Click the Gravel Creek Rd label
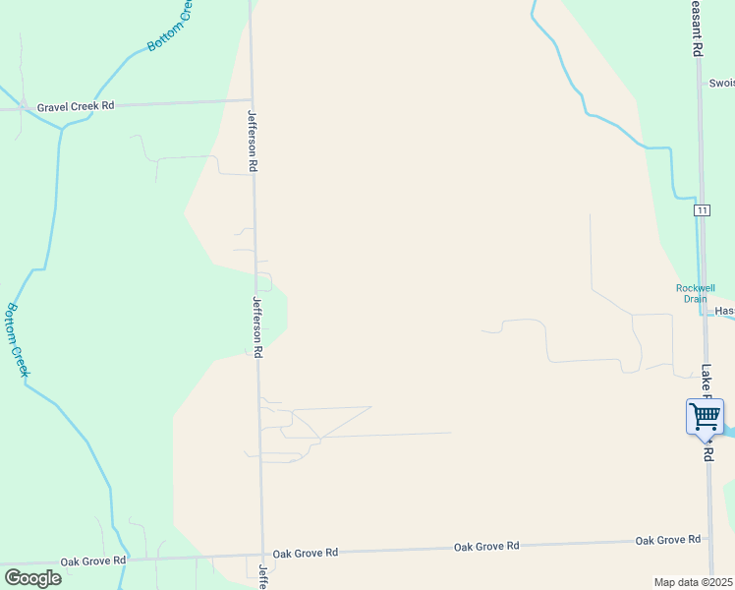click(x=76, y=106)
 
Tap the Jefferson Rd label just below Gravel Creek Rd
click(x=253, y=141)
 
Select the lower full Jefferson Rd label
click(x=258, y=326)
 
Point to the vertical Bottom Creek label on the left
click(x=17, y=338)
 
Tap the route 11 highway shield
click(x=701, y=210)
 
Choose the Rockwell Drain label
click(x=695, y=293)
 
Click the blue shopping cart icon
click(x=705, y=417)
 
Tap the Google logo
click(x=32, y=578)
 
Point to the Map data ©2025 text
click(x=693, y=582)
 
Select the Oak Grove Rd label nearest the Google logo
click(x=93, y=560)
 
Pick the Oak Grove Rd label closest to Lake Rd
click(x=667, y=540)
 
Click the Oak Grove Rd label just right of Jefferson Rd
click(x=306, y=554)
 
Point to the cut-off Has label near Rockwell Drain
click(x=724, y=311)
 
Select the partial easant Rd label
click(x=697, y=28)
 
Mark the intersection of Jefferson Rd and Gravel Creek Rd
click(x=251, y=99)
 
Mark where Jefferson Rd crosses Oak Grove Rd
click(x=263, y=555)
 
